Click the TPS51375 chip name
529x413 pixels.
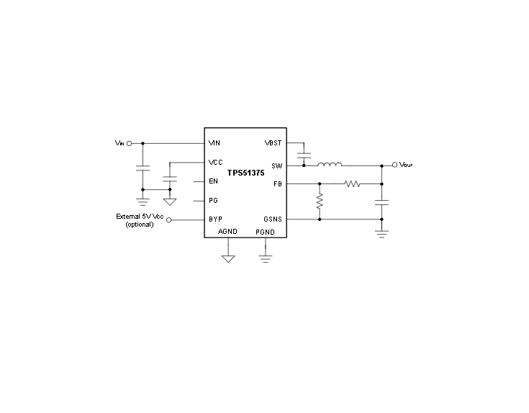[x=245, y=173]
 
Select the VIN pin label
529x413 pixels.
[x=214, y=143]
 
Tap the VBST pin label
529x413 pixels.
[x=273, y=143]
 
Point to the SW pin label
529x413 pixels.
[x=276, y=166]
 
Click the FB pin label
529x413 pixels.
[x=278, y=184]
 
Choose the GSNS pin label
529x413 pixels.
[x=273, y=219]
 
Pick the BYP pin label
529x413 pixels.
[x=215, y=219]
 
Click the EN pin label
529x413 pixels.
[x=213, y=181]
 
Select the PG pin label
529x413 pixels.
[x=213, y=201]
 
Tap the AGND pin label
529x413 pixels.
[x=227, y=232]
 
